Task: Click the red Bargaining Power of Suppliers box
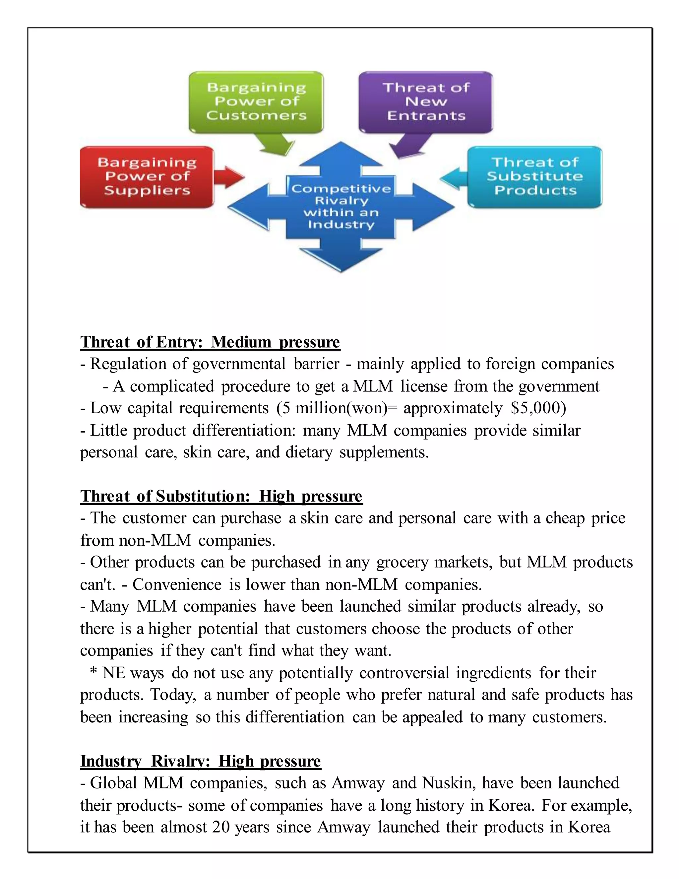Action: (x=147, y=177)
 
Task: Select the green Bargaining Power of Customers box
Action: (x=256, y=102)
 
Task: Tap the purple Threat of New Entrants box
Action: (x=426, y=102)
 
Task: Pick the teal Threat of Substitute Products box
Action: (x=534, y=177)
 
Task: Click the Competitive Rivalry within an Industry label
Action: (x=341, y=206)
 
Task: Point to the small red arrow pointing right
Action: (x=228, y=177)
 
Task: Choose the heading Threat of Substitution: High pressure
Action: (x=221, y=496)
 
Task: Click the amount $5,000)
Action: (x=538, y=408)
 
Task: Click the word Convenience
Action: (x=177, y=584)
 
